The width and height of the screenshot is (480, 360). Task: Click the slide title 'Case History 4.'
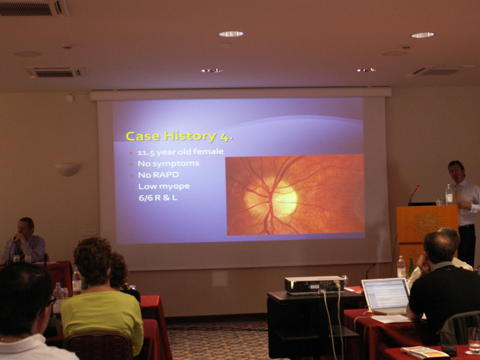click(179, 137)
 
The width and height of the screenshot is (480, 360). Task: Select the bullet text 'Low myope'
click(164, 187)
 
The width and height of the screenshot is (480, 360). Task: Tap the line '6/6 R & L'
click(158, 198)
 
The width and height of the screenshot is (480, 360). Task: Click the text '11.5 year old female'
click(181, 152)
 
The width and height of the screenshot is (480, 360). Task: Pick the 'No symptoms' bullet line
click(169, 163)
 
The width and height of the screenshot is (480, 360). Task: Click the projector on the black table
click(313, 286)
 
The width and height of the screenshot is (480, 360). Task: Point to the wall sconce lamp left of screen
click(68, 169)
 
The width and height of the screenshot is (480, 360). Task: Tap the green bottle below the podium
click(410, 268)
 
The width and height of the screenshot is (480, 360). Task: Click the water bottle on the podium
click(449, 194)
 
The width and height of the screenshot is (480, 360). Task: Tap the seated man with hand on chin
click(24, 241)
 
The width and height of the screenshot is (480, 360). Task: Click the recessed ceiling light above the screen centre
click(231, 34)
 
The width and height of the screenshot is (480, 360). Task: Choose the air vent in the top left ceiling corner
click(34, 8)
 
